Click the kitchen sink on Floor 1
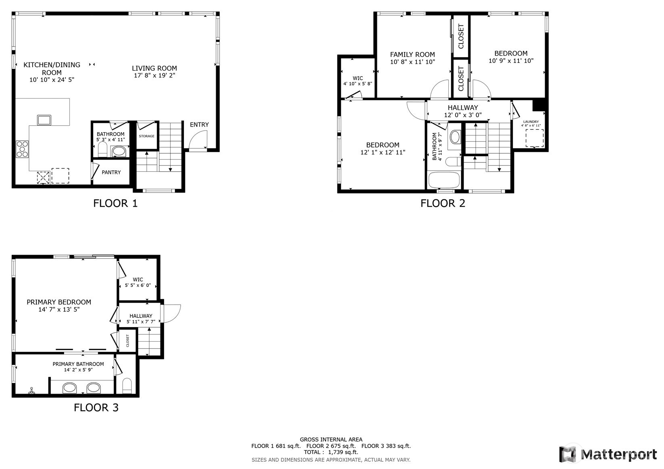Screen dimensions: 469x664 (44, 120)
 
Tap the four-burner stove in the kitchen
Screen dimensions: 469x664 (22, 149)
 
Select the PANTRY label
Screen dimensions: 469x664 (111, 172)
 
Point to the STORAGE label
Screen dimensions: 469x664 (146, 136)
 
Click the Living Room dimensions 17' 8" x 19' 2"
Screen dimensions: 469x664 (154, 75)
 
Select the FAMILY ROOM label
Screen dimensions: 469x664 (412, 54)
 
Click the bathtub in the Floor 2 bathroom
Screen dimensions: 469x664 (444, 180)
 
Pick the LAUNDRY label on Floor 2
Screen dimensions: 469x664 (531, 122)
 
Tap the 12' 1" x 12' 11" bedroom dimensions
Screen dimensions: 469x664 (383, 152)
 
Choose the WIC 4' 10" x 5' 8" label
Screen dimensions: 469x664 (358, 81)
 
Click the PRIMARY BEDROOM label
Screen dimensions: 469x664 (59, 302)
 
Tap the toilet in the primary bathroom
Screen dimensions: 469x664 (127, 386)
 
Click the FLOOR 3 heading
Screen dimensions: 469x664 (96, 408)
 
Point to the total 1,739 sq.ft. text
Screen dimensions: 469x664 (331, 452)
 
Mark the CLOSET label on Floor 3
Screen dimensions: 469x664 (128, 340)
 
